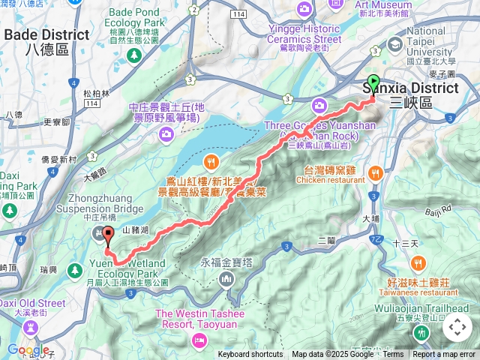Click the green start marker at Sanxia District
point(373,85)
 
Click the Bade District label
point(46,35)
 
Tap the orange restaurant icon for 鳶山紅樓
point(212,160)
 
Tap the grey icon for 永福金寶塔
point(227,280)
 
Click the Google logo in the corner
point(28,349)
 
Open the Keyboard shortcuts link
point(250,355)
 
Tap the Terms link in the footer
point(393,355)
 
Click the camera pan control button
point(457,327)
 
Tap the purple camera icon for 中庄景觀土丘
point(166,133)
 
